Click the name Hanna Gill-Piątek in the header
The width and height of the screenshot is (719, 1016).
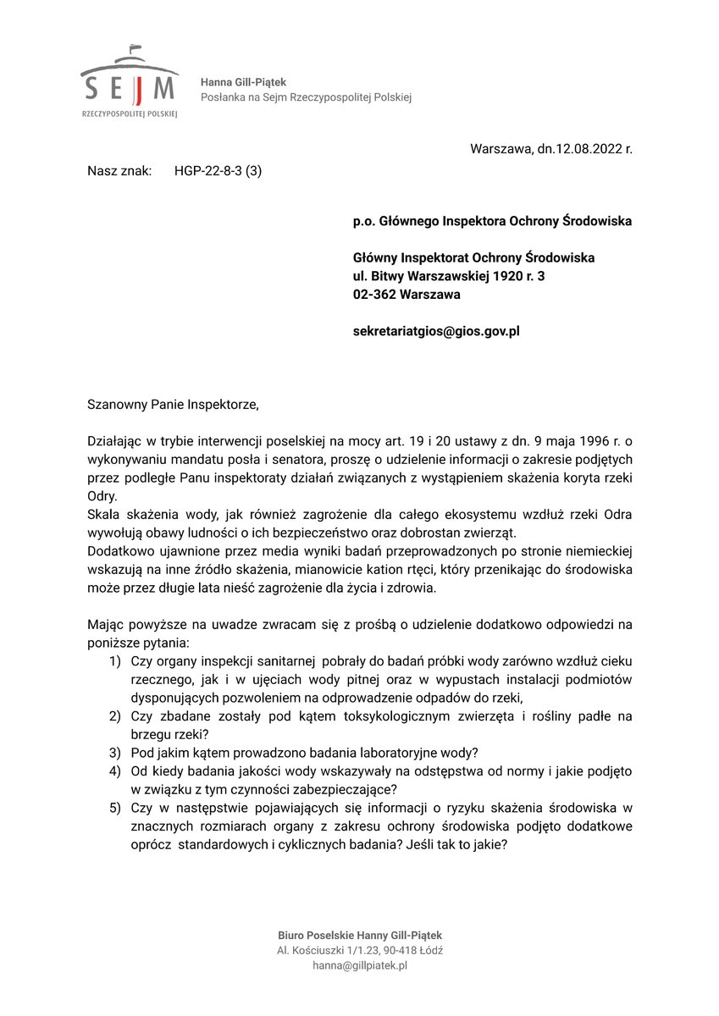pos(243,82)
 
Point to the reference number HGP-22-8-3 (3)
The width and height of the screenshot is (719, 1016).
pos(218,170)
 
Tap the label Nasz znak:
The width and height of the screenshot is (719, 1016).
pos(119,170)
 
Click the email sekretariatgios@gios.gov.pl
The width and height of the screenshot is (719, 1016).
pos(436,331)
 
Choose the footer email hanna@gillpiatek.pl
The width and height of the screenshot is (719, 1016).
pos(360,965)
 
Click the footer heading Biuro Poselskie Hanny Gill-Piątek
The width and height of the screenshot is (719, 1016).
pos(360,935)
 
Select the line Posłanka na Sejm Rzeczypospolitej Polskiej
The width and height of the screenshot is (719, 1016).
pos(306,97)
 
